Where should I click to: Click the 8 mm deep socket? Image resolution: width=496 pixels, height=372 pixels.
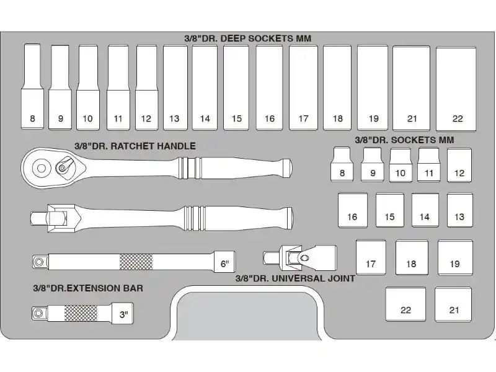[32, 86]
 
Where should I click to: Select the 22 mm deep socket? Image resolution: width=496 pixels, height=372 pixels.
[456, 89]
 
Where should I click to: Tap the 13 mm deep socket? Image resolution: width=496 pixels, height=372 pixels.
[175, 87]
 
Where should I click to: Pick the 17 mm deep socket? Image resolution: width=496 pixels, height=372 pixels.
[303, 87]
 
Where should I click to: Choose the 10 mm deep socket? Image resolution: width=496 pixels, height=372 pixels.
[88, 87]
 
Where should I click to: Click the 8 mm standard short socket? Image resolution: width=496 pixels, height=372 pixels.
[342, 164]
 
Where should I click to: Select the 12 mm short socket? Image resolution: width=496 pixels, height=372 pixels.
[459, 166]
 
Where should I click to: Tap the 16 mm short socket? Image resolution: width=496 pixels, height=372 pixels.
[353, 210]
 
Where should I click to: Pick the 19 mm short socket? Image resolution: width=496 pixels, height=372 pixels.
[455, 257]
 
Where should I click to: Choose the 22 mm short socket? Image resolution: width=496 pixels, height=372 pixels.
[405, 304]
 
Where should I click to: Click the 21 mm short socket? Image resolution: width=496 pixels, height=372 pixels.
[453, 304]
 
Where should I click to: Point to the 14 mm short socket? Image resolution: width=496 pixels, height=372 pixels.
[425, 210]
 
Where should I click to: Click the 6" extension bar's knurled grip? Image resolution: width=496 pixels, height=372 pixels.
[136, 262]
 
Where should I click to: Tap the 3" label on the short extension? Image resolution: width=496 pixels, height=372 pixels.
[123, 315]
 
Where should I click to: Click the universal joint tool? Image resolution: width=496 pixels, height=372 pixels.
[300, 258]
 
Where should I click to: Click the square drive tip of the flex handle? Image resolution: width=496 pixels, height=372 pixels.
[39, 218]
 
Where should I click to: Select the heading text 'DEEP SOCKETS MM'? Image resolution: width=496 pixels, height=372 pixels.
[266, 38]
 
